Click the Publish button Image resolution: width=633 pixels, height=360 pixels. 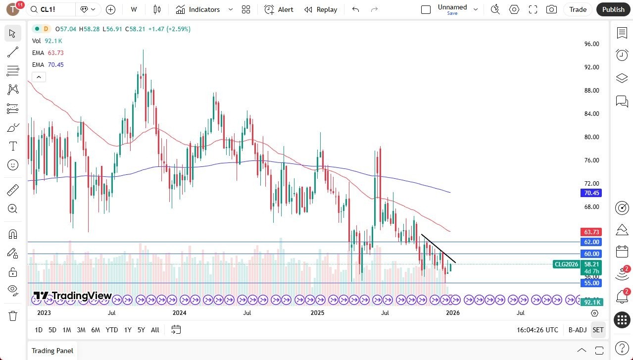coord(613,9)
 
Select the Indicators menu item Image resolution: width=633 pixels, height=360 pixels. coord(204,9)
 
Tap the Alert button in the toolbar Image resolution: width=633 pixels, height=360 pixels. coord(279,9)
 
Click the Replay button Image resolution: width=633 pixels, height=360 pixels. coord(321,9)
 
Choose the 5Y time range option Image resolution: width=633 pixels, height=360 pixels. coord(141,330)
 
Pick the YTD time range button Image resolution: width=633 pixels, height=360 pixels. coord(112,330)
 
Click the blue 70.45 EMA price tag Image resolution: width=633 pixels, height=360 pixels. coord(591,193)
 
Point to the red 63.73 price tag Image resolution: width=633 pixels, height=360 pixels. coord(591,232)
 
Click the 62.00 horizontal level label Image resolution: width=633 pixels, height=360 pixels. coord(591,242)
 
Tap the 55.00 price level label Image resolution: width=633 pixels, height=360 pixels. coord(591,283)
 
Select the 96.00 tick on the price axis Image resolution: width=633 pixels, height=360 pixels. coord(591,44)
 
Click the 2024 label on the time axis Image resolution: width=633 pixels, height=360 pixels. coord(179,312)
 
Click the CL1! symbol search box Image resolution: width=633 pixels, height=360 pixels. coord(51,9)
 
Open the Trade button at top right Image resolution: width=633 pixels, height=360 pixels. coord(578,9)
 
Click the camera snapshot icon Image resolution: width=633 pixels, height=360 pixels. coord(551,9)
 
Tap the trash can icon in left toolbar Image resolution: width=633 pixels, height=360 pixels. coord(13,315)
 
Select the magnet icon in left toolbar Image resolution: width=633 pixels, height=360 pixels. coord(13,234)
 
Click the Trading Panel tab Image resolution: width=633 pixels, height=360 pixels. coord(52,351)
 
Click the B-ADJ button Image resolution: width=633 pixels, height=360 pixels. coord(578,330)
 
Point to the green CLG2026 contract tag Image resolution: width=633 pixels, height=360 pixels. coord(566,264)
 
